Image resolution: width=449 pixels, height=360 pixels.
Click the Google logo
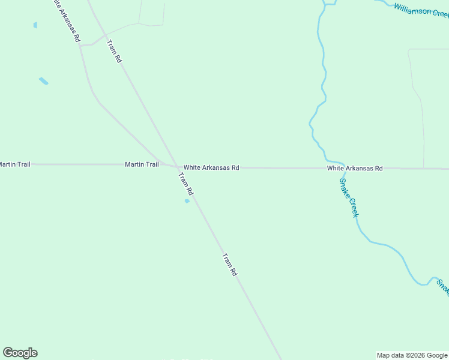point(20,353)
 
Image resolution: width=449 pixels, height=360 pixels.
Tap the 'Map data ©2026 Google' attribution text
point(412,355)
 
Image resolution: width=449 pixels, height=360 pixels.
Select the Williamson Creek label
point(421,10)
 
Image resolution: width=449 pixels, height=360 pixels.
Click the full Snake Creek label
point(349,197)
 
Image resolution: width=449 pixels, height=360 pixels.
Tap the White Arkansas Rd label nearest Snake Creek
point(354,169)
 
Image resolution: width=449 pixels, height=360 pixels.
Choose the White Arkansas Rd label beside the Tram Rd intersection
point(211,168)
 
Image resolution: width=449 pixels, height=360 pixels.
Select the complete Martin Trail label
point(142,164)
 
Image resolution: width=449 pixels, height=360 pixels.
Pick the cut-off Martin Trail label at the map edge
point(15,164)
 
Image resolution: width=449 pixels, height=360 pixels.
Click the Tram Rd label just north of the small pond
point(186,184)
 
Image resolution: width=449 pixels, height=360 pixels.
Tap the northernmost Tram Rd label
point(114,51)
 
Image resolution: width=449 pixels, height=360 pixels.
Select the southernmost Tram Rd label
point(230,265)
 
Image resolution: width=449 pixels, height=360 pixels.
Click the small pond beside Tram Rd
point(187,201)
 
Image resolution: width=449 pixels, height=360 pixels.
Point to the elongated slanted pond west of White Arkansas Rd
point(43,81)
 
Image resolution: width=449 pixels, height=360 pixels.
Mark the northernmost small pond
point(35,25)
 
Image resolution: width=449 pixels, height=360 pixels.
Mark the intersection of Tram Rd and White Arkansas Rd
point(175,167)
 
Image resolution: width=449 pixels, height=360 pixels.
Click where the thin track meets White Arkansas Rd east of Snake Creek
point(424,169)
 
